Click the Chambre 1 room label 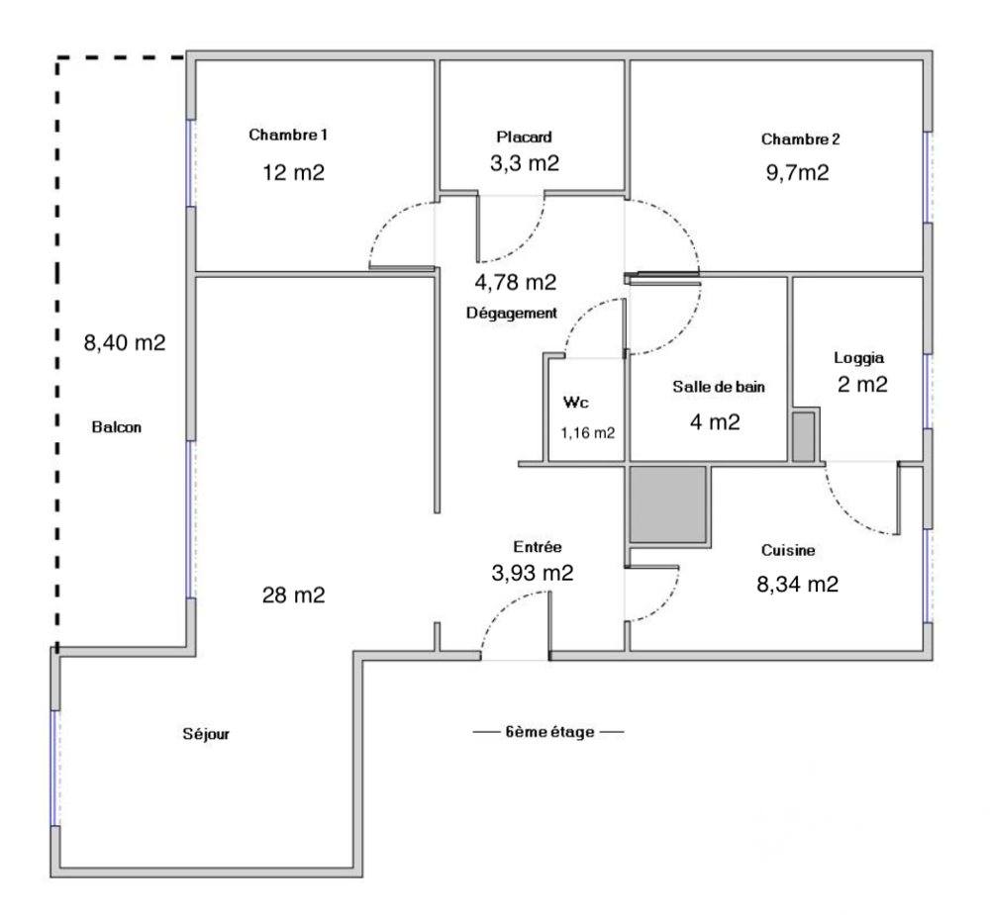(288, 135)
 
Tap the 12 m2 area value (294, 172)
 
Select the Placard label (524, 137)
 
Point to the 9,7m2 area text (797, 172)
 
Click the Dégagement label (512, 313)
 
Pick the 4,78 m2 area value (516, 282)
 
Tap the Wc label (576, 402)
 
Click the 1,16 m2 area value (588, 433)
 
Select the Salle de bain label (719, 387)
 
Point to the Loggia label (858, 358)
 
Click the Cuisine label (788, 550)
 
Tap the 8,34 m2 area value (797, 585)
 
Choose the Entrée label (538, 547)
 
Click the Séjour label (206, 734)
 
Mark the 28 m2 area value (294, 595)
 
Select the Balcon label (117, 427)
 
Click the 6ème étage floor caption (549, 732)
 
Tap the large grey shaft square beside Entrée (668, 504)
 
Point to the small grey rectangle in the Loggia (804, 436)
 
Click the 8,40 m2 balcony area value (125, 342)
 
